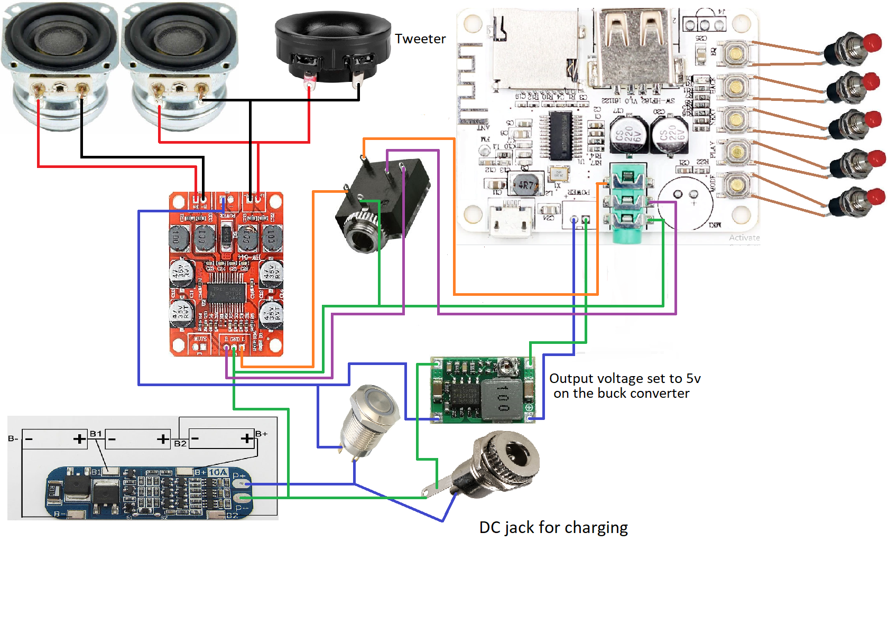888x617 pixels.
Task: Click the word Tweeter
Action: (x=420, y=39)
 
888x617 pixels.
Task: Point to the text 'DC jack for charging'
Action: (x=553, y=528)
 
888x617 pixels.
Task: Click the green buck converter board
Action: (x=482, y=390)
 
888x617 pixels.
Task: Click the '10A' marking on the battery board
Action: (x=218, y=472)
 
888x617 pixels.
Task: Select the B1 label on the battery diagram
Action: (x=96, y=434)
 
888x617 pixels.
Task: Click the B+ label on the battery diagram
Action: (x=262, y=434)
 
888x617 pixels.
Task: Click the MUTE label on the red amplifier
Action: (x=200, y=339)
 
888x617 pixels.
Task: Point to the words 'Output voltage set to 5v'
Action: (x=625, y=378)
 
